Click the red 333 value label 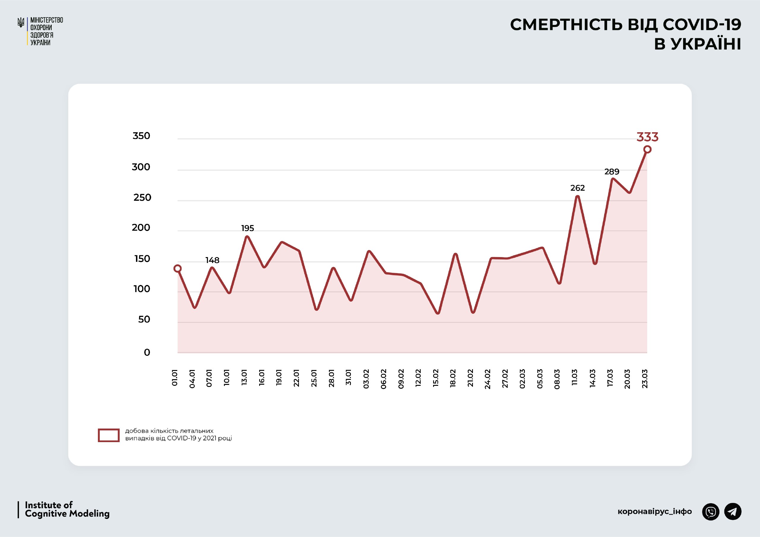[647, 137]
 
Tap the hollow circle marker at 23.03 [647, 149]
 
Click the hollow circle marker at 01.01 [178, 268]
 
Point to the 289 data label [612, 172]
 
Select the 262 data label [577, 188]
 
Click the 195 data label [247, 228]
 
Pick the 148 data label [212, 260]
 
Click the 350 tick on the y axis [141, 136]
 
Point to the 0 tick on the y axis [147, 353]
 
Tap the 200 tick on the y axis [141, 227]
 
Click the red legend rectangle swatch [109, 435]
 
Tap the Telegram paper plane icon [733, 511]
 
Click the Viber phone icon [711, 511]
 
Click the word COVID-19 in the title [702, 25]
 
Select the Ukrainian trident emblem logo [21, 23]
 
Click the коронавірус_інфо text [654, 511]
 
